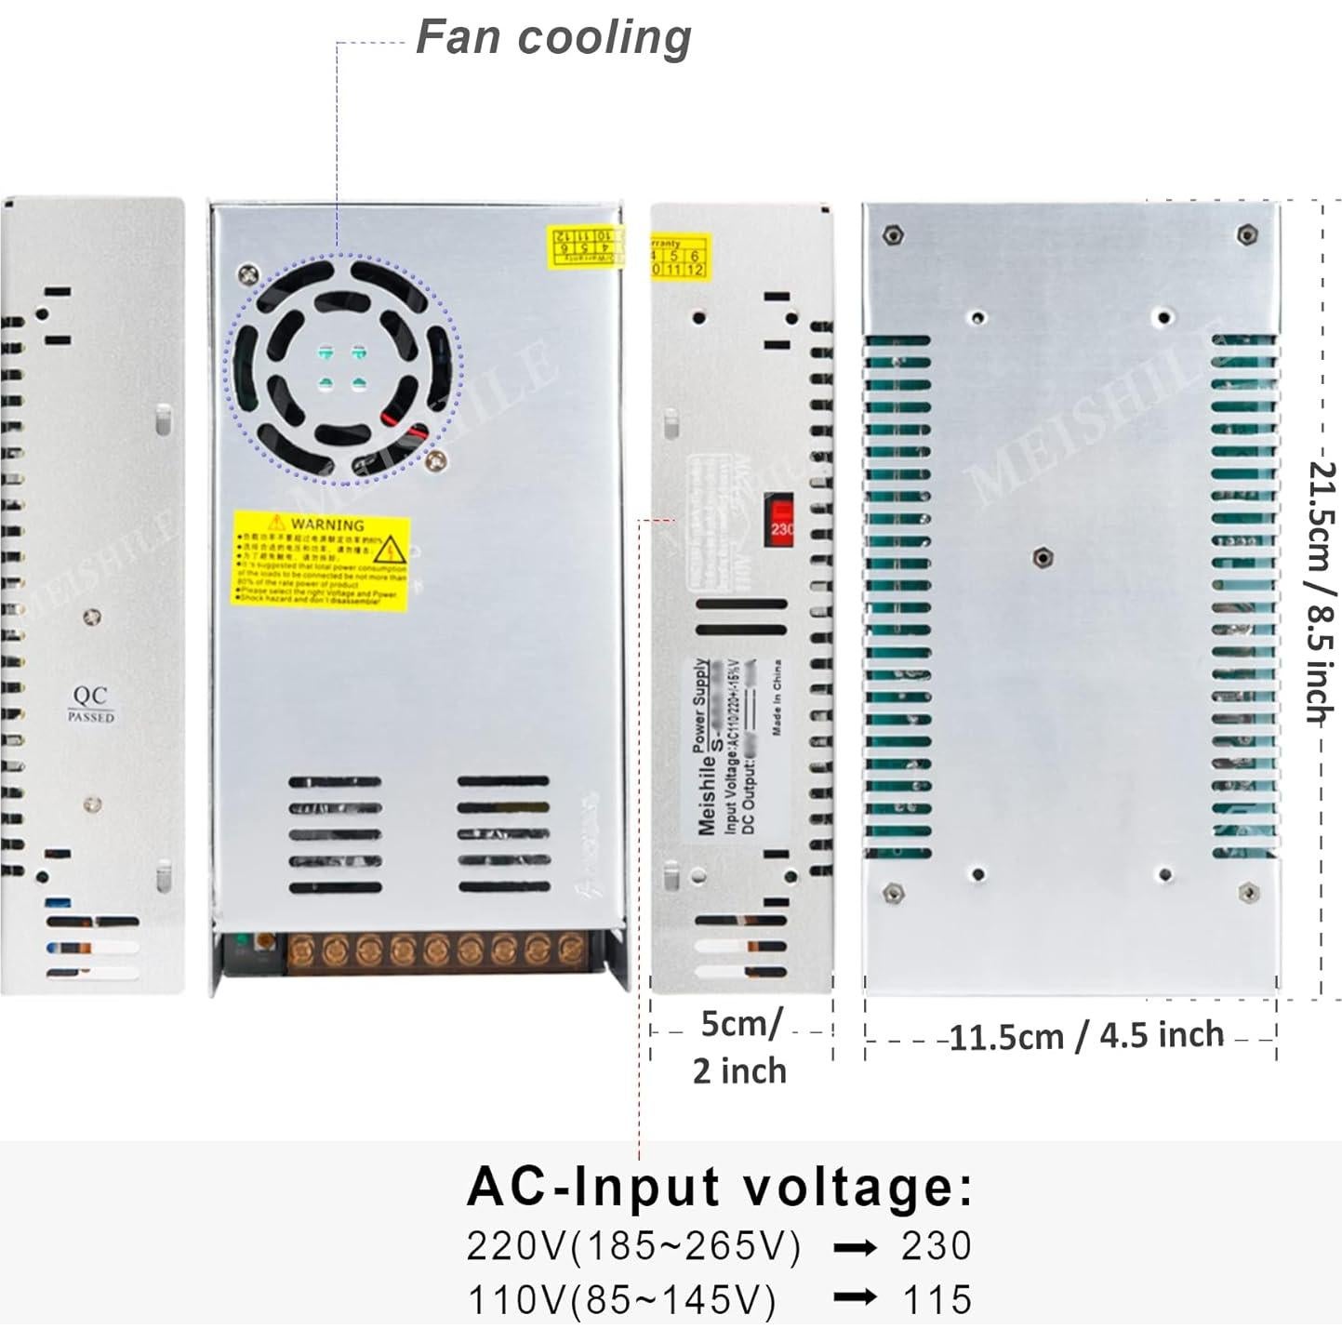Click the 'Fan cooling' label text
click(552, 37)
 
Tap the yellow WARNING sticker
click(321, 561)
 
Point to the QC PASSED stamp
click(90, 704)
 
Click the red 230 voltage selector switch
click(779, 521)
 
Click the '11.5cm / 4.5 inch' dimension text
click(1085, 1036)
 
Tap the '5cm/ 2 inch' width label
click(740, 1047)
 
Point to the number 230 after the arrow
click(936, 1246)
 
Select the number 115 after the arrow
click(937, 1299)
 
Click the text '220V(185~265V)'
click(633, 1246)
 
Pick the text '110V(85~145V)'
click(621, 1299)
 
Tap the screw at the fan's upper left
click(248, 273)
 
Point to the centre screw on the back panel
click(1043, 558)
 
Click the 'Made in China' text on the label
click(777, 697)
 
